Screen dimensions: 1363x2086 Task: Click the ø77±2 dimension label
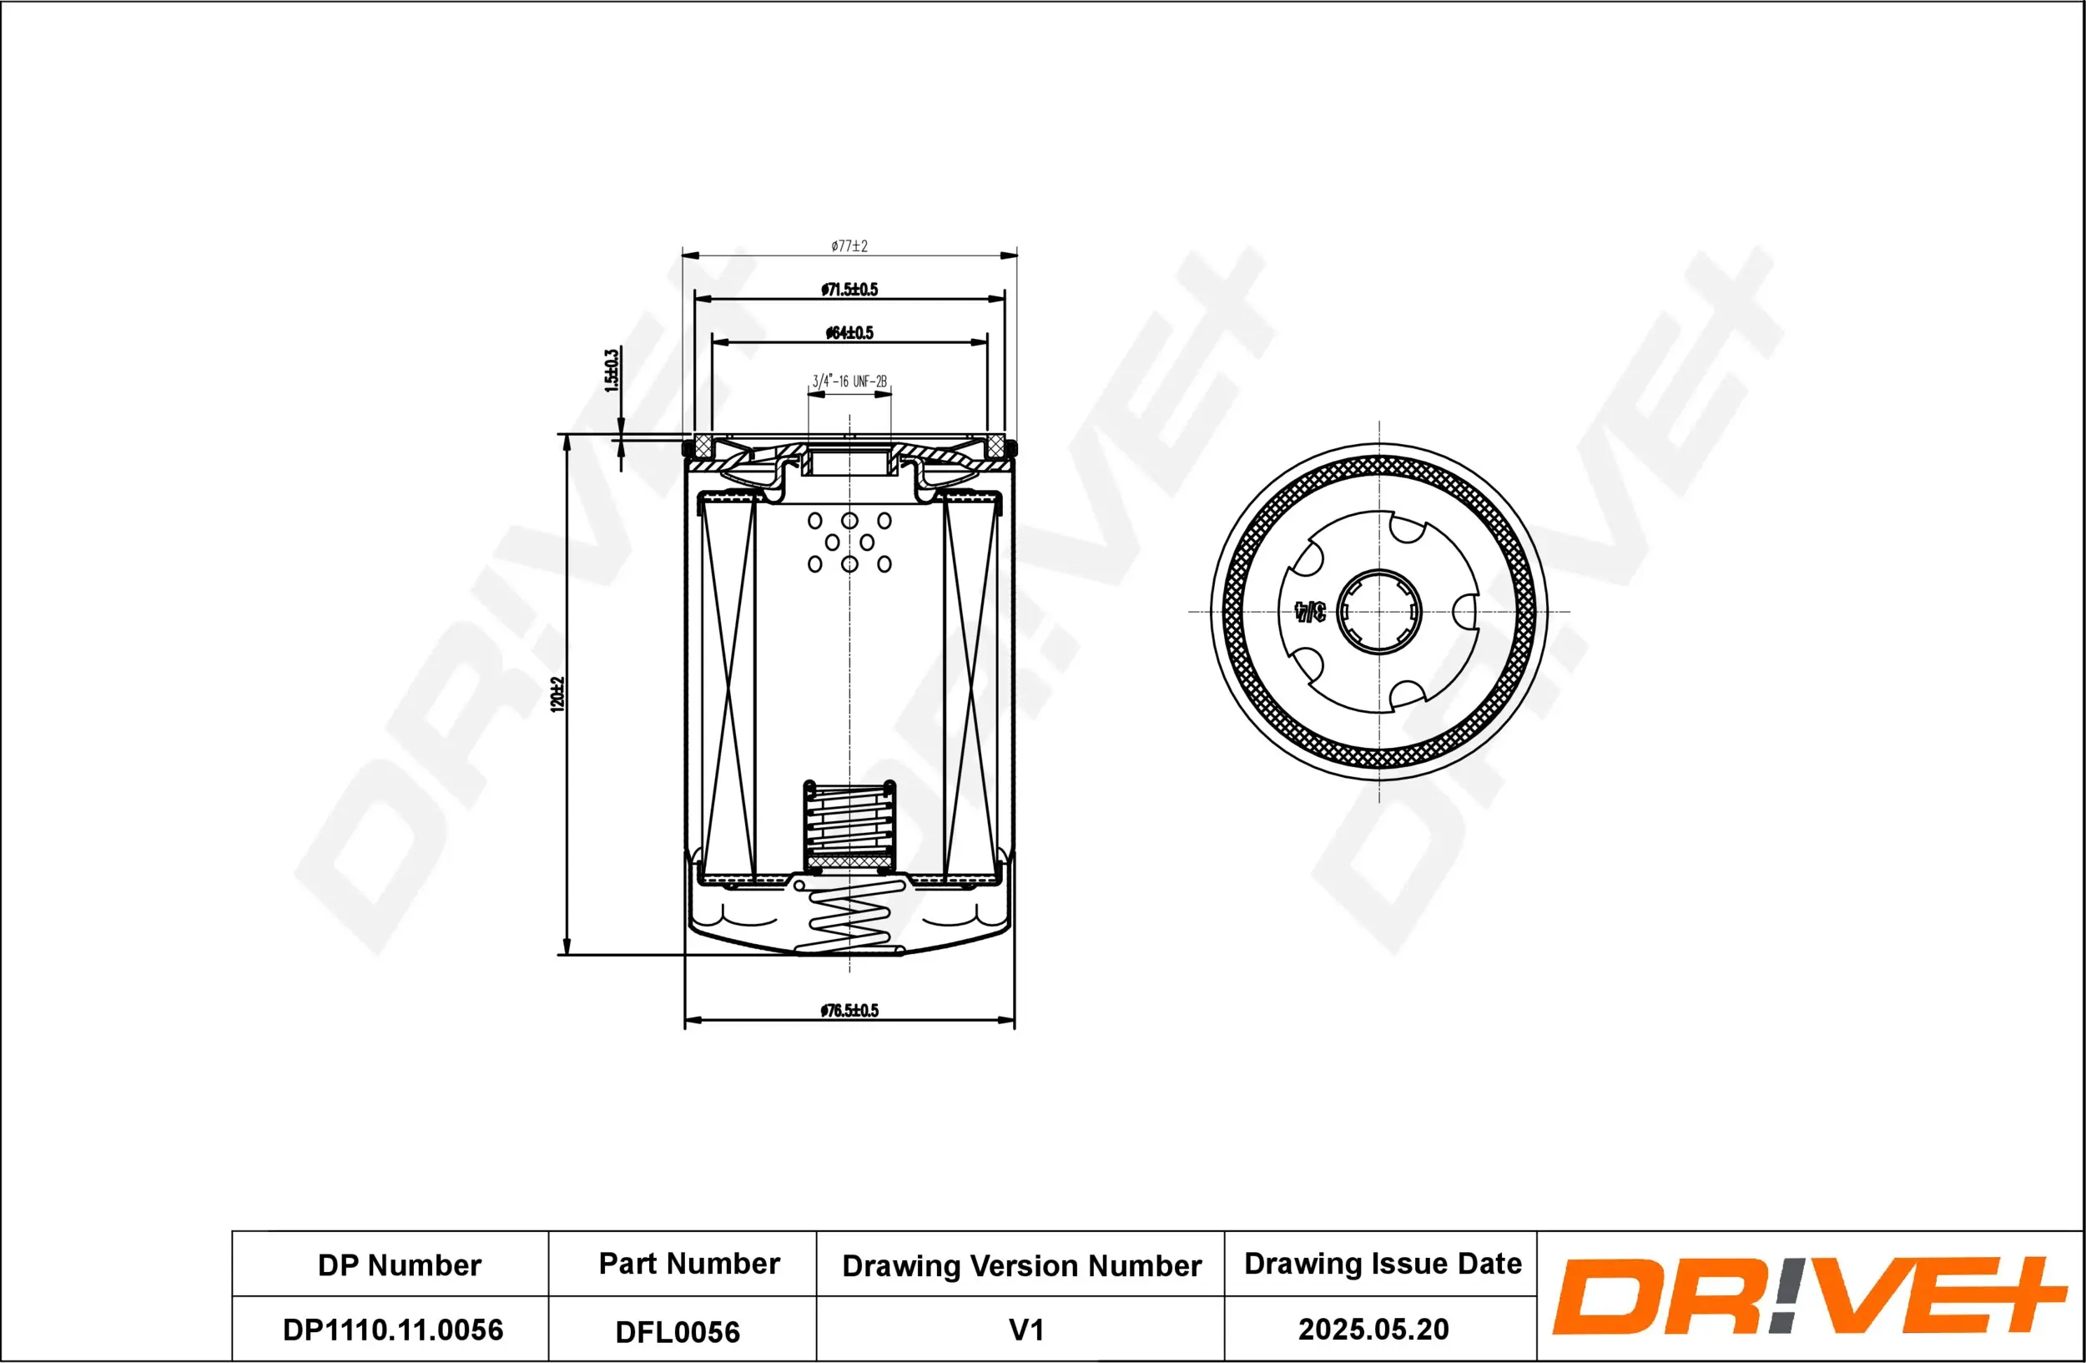849,246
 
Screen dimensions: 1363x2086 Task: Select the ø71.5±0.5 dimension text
849,290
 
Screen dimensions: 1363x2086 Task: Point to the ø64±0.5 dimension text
849,333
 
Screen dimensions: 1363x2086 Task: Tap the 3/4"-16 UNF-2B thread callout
849,381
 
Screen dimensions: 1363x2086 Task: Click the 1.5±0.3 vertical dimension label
612,370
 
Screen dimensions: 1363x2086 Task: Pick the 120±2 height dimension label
557,694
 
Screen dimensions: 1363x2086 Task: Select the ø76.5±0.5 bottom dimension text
849,1011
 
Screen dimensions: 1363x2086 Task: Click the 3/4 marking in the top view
1309,612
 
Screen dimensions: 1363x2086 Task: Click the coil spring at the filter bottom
849,921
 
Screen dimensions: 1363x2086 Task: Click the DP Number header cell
399,1265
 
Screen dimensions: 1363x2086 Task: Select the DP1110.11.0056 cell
393,1330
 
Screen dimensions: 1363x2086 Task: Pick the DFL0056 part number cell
678,1332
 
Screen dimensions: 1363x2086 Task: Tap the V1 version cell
1025,1330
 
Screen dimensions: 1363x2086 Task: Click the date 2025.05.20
1373,1330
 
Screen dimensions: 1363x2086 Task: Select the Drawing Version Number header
1021,1265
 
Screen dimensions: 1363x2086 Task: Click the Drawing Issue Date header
1383,1264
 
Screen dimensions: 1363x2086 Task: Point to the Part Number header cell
689,1264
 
